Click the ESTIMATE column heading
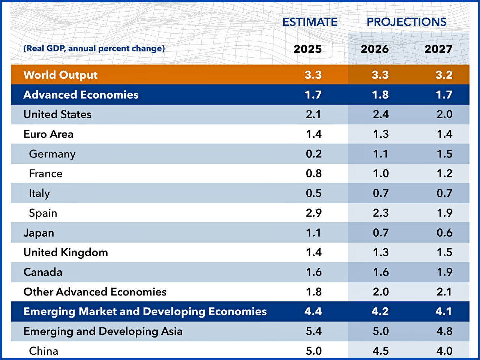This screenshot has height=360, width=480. pyautogui.click(x=310, y=22)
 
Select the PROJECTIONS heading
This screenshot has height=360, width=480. pyautogui.click(x=406, y=22)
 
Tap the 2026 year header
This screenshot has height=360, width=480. pyautogui.click(x=375, y=49)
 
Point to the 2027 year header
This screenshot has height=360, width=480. pyautogui.click(x=438, y=49)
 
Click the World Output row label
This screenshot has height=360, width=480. pyautogui.click(x=60, y=75)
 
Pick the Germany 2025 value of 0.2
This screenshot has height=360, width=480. pyautogui.click(x=313, y=154)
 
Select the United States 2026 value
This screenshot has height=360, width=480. pyautogui.click(x=381, y=114)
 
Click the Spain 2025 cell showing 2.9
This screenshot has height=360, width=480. pyautogui.click(x=313, y=213)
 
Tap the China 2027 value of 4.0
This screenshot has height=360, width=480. pyautogui.click(x=444, y=351)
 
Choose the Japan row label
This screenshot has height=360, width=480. pyautogui.click(x=39, y=233)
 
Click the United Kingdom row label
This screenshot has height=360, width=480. pyautogui.click(x=66, y=252)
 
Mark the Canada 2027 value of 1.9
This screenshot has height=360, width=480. pyautogui.click(x=444, y=272)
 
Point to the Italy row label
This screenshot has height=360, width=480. pyautogui.click(x=39, y=193)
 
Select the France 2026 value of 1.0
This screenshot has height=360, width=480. pyautogui.click(x=381, y=174)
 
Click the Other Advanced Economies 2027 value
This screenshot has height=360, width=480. pyautogui.click(x=444, y=292)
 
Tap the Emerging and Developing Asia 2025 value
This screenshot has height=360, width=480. pyautogui.click(x=313, y=331)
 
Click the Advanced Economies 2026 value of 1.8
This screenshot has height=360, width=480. pyautogui.click(x=380, y=95)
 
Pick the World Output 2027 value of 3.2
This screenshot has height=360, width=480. pyautogui.click(x=444, y=75)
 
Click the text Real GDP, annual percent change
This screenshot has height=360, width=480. pyautogui.click(x=94, y=48)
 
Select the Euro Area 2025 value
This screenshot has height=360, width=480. pyautogui.click(x=313, y=134)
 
